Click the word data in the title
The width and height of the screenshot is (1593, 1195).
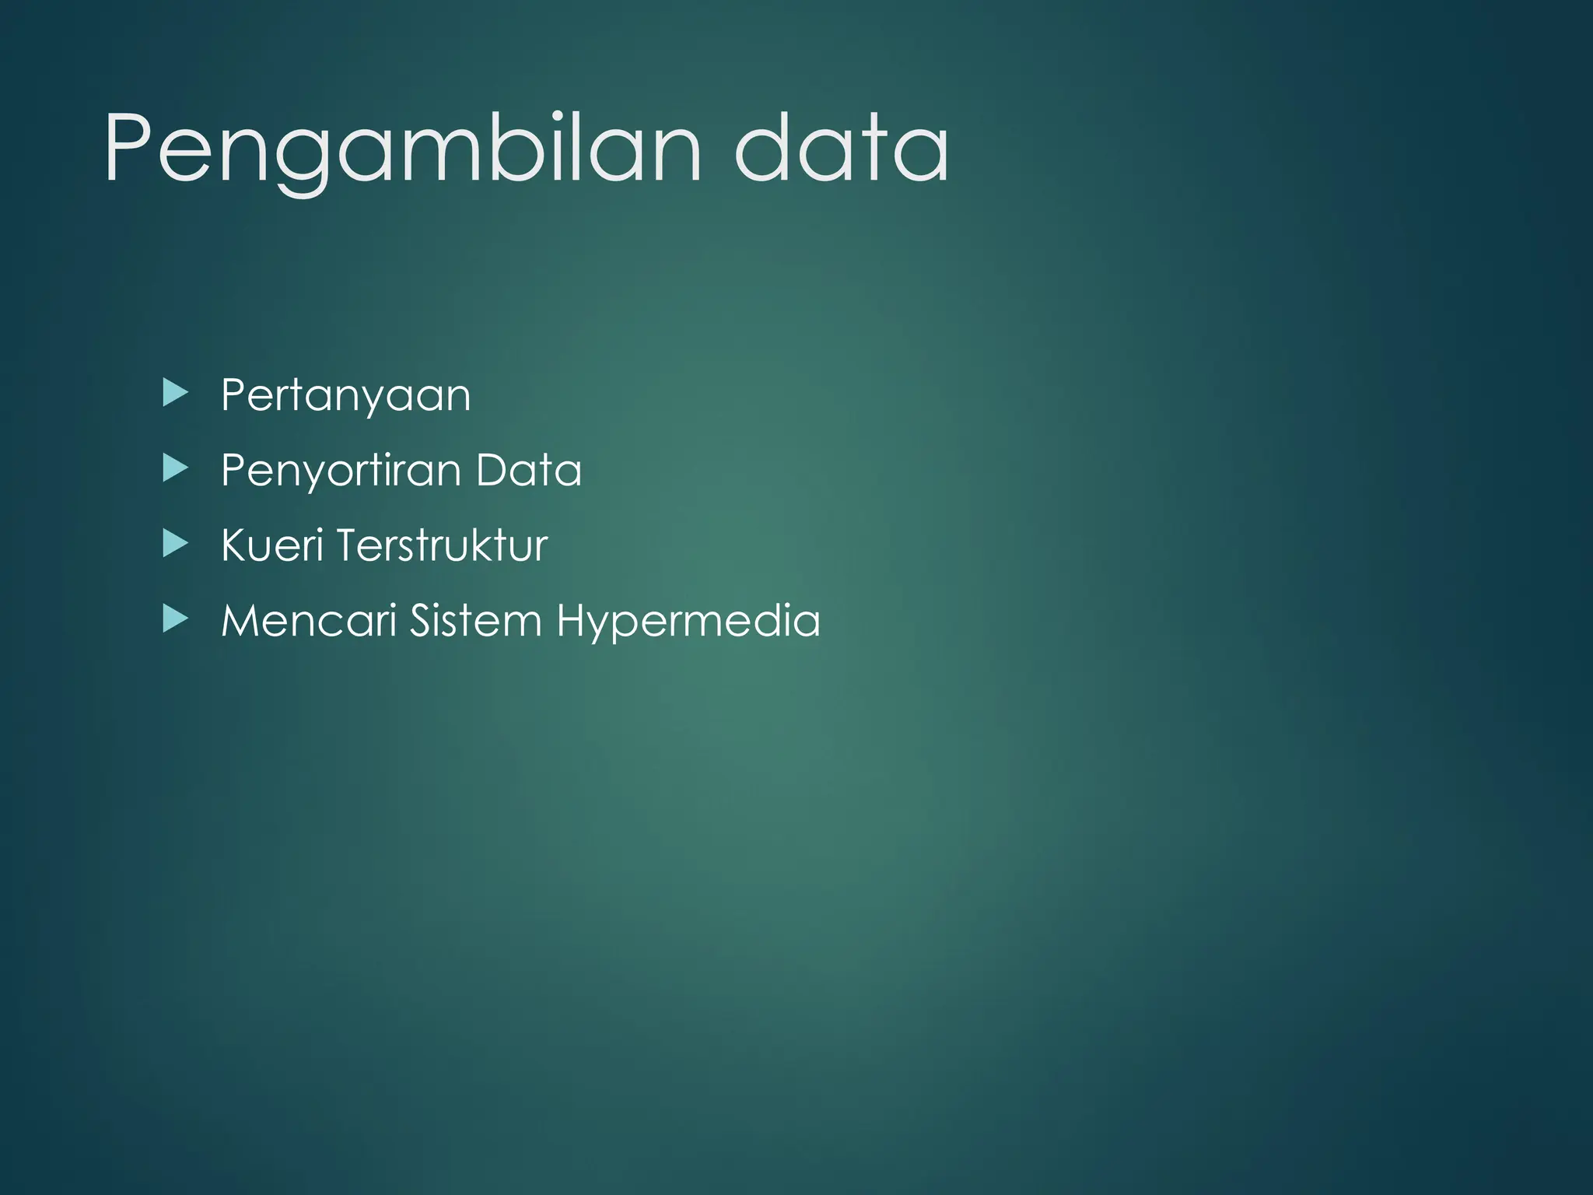click(x=841, y=148)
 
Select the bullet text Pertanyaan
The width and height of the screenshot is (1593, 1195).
click(x=345, y=395)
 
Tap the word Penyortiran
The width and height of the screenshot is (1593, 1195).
click(x=341, y=471)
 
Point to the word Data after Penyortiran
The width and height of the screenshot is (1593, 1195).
click(x=528, y=470)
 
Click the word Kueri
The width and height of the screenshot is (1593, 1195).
click(x=271, y=545)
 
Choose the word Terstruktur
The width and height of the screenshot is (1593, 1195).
click(x=442, y=545)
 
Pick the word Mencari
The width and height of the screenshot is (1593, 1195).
click(x=309, y=621)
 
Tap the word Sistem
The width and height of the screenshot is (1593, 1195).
click(x=475, y=621)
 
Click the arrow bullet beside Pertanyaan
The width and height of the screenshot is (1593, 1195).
click(x=176, y=394)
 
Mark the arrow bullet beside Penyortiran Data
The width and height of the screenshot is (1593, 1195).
click(x=176, y=468)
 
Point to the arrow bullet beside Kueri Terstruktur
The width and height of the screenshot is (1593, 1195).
click(x=176, y=543)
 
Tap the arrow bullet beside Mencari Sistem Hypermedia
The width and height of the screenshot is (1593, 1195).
click(x=176, y=619)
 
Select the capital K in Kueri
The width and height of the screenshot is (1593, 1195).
click(x=235, y=545)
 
